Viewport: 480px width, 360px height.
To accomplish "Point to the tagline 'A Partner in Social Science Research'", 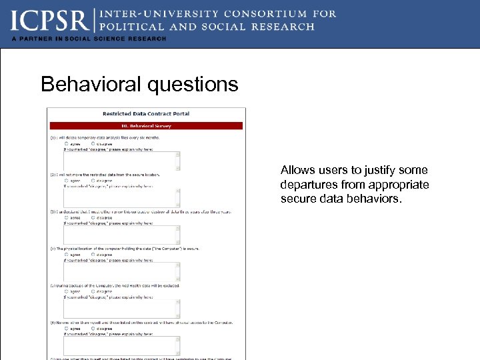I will (x=88, y=39).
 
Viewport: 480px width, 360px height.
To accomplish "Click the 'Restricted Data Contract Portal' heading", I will (x=146, y=114).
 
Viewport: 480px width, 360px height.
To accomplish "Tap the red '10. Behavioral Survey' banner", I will (x=146, y=125).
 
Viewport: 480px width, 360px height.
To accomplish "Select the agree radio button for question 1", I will (x=66, y=143).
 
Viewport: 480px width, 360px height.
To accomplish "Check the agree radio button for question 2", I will (x=66, y=180).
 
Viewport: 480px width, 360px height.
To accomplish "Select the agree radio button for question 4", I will (x=66, y=254).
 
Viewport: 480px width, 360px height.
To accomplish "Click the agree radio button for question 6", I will (x=66, y=328).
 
